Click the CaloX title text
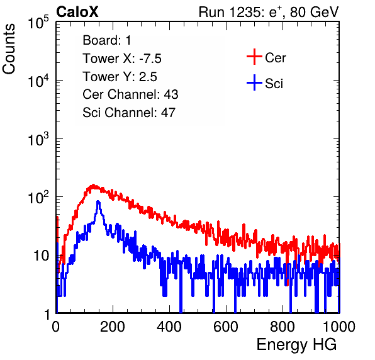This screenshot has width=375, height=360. (77, 12)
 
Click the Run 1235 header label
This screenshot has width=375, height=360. (269, 12)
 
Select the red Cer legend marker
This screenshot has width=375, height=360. (254, 57)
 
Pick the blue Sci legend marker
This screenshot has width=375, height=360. (254, 82)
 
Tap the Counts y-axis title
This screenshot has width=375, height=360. (9, 49)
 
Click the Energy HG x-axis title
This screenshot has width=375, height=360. (296, 344)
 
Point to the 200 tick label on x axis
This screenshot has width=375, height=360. (113, 327)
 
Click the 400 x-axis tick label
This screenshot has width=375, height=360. (169, 327)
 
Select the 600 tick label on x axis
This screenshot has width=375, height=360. (226, 327)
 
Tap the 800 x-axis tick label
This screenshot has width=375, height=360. (283, 327)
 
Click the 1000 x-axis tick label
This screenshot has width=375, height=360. (339, 327)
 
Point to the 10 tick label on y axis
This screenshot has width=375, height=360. (41, 256)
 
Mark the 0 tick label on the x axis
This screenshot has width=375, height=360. (56, 327)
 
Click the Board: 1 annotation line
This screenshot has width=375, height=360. (107, 40)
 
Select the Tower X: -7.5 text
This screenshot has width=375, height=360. (122, 59)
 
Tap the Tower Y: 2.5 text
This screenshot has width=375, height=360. (120, 77)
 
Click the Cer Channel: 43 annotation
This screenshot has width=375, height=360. (130, 94)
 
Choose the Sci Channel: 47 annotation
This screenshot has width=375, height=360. (129, 113)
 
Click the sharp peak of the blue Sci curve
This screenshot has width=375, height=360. (98, 201)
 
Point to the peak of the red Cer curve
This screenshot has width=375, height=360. (94, 185)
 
